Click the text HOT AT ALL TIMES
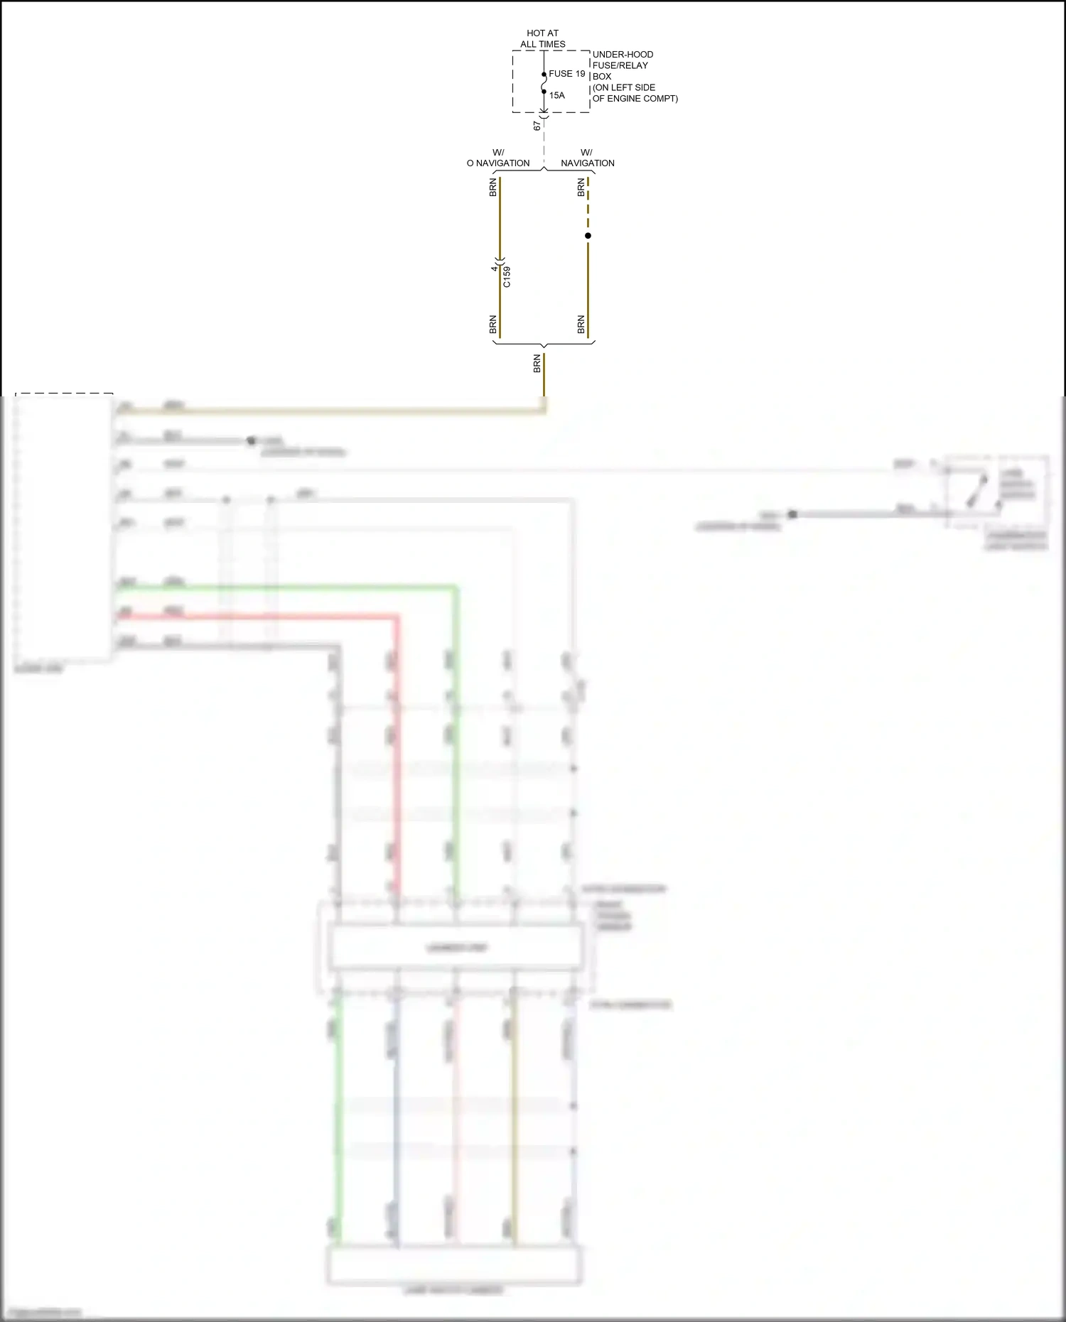tap(542, 38)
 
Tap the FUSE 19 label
tap(566, 74)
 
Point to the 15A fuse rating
tap(556, 95)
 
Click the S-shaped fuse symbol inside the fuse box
tap(544, 83)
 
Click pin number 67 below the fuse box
tap(537, 126)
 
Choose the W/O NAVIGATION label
tap(498, 158)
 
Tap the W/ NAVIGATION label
tap(587, 158)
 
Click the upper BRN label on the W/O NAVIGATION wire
tap(492, 188)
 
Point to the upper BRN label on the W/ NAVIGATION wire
tap(581, 188)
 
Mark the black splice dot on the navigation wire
tap(588, 236)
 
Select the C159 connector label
tap(507, 276)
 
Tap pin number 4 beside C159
tap(494, 269)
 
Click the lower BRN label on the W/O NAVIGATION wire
tap(492, 325)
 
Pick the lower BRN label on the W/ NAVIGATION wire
tap(581, 325)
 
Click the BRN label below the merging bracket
tap(537, 364)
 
